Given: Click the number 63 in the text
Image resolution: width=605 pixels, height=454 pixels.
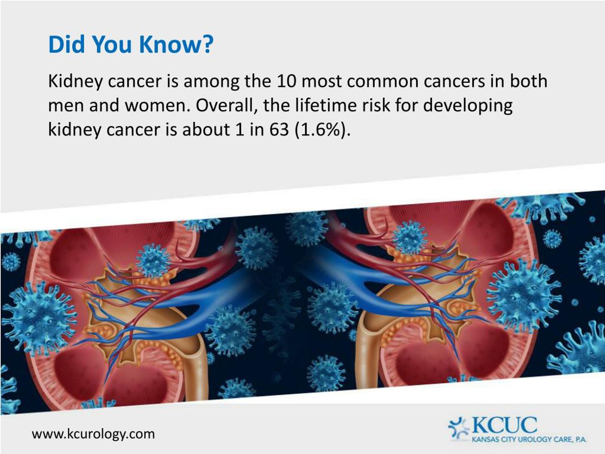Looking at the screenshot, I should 279,129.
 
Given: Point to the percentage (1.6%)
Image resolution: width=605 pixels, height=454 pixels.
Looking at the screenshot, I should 323,129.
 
